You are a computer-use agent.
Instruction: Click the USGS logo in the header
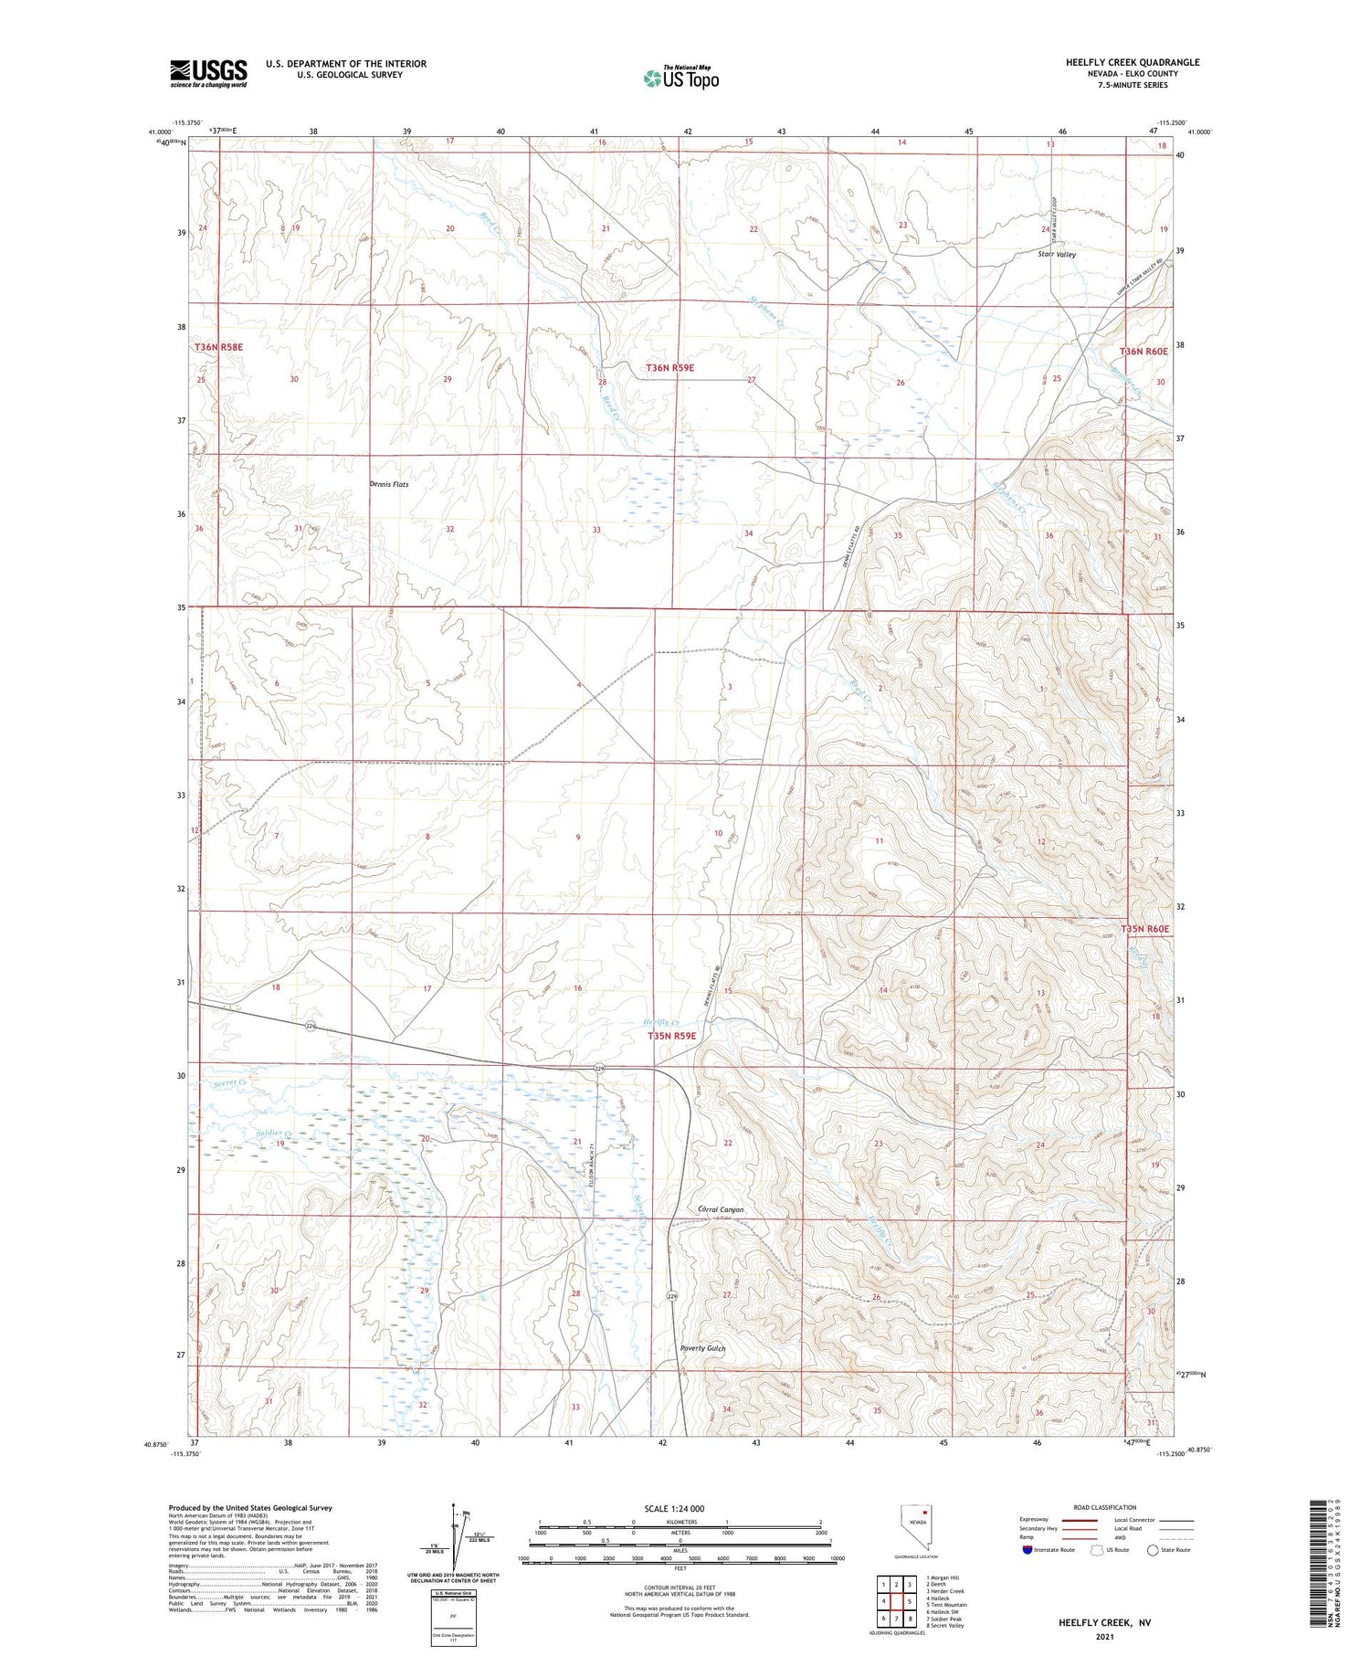click(208, 73)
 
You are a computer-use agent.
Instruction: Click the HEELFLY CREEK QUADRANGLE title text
click(1132, 62)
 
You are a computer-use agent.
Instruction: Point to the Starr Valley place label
click(1057, 255)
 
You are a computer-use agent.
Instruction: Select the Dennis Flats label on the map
click(389, 484)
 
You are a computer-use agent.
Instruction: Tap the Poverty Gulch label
click(702, 1347)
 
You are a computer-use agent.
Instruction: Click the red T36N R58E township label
click(218, 348)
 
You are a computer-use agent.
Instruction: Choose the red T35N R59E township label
click(672, 1036)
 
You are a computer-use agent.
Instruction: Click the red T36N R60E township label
click(1143, 352)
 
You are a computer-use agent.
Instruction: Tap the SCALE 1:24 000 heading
click(674, 1508)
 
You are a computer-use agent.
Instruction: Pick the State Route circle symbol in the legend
click(1154, 1550)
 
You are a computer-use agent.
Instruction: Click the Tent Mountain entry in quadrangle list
click(946, 1604)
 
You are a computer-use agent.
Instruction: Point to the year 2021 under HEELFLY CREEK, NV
click(1103, 1637)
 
